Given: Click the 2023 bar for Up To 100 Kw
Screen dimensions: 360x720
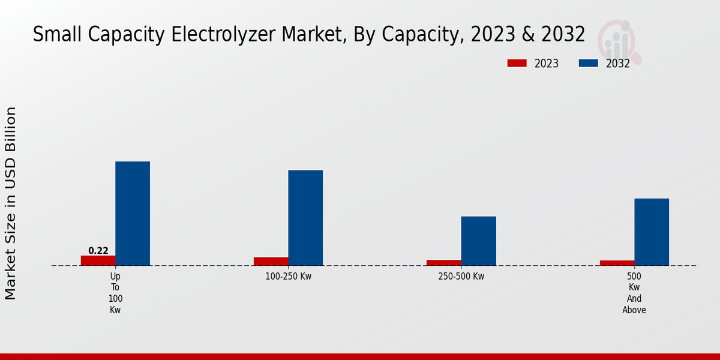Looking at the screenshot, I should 98,260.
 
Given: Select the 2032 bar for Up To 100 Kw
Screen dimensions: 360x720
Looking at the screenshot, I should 133,214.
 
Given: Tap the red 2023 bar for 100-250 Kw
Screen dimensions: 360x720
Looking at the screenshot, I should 271,262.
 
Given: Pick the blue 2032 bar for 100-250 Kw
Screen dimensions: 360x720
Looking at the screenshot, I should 305,218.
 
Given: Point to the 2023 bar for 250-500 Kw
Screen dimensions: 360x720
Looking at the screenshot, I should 444,263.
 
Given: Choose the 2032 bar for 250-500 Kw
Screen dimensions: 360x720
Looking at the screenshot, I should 478,241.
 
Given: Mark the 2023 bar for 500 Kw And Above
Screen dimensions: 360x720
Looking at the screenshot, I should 617,263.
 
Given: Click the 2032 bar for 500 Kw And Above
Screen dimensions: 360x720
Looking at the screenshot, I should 652,232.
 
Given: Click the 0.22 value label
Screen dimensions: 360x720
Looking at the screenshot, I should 98,251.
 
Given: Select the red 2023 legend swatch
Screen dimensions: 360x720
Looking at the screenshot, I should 517,63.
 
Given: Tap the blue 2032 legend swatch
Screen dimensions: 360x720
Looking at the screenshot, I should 588,63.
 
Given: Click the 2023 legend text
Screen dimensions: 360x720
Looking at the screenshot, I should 547,64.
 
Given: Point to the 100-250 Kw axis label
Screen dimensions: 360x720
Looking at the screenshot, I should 289,277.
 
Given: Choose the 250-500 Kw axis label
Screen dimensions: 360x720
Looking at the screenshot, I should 461,277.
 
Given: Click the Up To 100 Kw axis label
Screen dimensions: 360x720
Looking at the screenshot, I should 115,293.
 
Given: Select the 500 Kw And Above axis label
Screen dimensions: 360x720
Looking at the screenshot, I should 634,293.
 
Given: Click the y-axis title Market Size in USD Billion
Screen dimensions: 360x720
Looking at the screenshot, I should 11,203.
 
